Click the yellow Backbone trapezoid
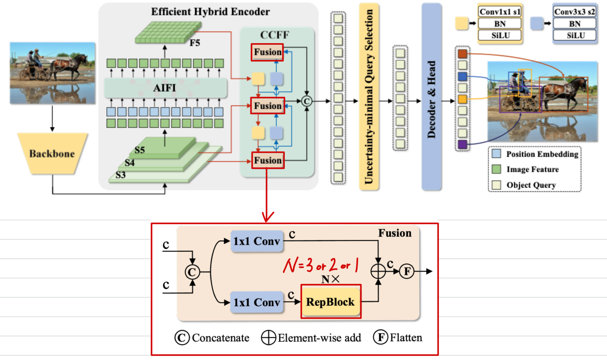[53, 154]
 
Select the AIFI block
[165, 88]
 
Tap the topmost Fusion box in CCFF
[267, 52]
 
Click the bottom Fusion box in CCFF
[268, 160]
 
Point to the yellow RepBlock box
[330, 302]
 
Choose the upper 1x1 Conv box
[257, 241]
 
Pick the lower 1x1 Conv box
[257, 302]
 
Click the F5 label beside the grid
[195, 43]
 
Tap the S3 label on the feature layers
[121, 175]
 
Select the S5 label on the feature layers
[140, 150]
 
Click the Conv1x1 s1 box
[500, 12]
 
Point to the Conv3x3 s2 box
[575, 12]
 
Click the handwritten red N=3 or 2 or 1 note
[321, 265]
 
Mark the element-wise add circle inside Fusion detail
[378, 272]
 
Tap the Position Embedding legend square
[496, 154]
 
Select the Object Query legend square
[496, 185]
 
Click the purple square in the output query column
[462, 144]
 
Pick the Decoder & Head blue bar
[431, 97]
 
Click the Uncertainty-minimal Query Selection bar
[369, 97]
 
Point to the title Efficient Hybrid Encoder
[210, 12]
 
